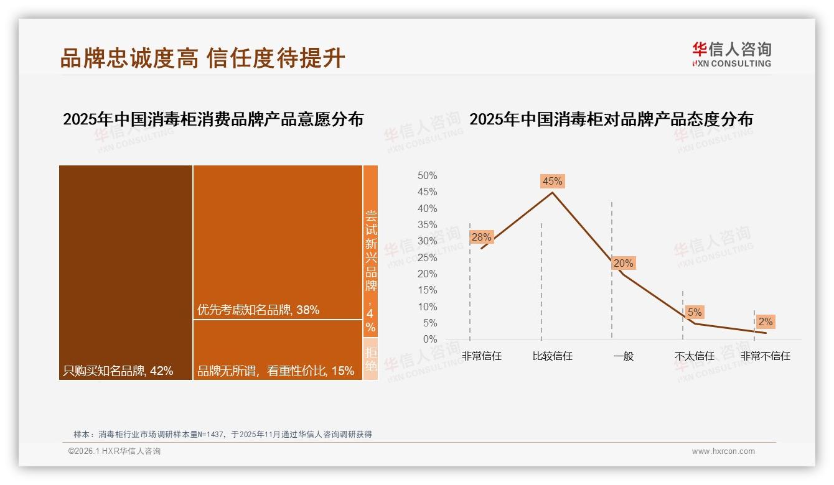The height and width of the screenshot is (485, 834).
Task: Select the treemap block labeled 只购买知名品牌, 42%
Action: point(126,272)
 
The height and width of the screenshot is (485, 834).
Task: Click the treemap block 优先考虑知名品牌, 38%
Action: point(278,242)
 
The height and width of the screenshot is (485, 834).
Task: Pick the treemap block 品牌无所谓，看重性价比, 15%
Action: point(278,350)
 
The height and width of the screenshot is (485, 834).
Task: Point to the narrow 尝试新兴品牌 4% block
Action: point(370,251)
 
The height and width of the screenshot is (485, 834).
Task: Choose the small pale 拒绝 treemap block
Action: point(370,359)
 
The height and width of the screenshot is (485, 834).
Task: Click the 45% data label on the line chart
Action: point(552,181)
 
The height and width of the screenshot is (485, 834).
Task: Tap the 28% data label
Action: point(481,237)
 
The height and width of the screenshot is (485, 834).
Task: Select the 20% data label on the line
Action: point(623,263)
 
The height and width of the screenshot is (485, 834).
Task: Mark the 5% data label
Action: point(695,312)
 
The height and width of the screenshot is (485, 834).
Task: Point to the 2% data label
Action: point(765,321)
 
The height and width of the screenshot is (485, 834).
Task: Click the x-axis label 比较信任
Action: point(552,356)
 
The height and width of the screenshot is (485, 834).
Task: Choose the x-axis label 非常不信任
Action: point(765,356)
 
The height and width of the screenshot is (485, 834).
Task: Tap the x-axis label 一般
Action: point(623,356)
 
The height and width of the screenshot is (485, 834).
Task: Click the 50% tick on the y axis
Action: point(427,176)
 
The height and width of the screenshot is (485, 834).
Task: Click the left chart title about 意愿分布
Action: point(213,119)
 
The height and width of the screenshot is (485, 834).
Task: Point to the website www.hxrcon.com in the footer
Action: point(723,451)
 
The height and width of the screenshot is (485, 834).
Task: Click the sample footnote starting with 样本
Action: point(222,434)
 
